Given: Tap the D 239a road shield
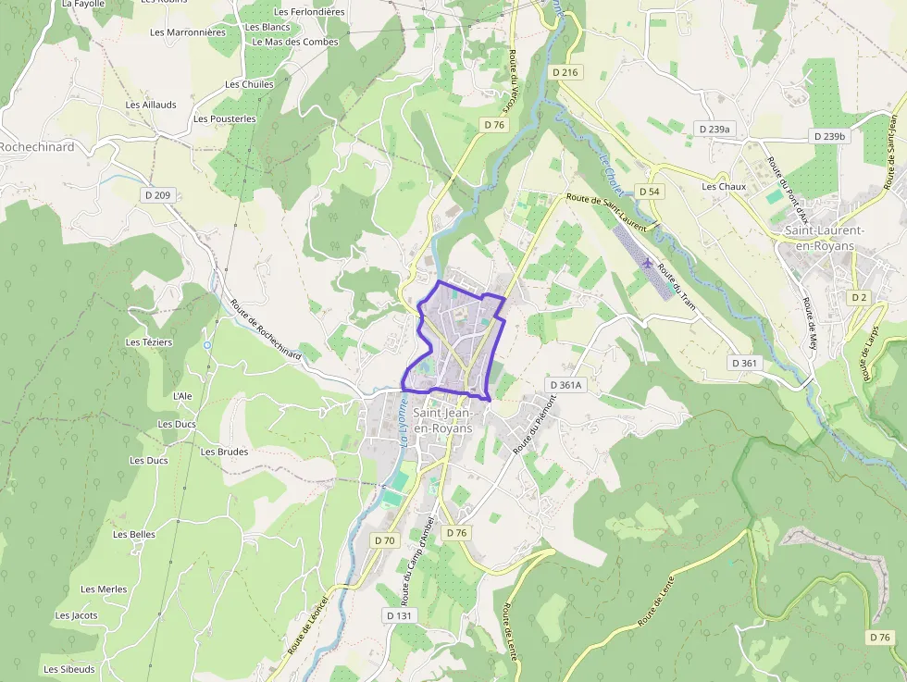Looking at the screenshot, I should (x=714, y=130).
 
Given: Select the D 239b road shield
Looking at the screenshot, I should (x=829, y=136).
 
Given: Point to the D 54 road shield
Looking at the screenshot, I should (x=650, y=192).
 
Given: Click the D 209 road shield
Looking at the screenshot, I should (x=159, y=195).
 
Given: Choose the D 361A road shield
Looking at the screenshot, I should (x=565, y=385).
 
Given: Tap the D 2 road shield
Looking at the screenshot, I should (x=859, y=297).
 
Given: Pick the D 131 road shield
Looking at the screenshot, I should (x=399, y=615).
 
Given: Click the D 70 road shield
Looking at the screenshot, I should (x=384, y=540).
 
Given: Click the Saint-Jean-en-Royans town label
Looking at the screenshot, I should (x=443, y=421).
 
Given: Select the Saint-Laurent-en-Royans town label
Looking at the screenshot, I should (x=825, y=238).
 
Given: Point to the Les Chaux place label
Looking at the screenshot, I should (x=724, y=186).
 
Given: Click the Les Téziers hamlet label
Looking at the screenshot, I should (x=148, y=342).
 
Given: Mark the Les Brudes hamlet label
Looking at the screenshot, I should (x=225, y=452).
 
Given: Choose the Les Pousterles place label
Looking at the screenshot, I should (x=225, y=119).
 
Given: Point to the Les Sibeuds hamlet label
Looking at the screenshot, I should (x=68, y=669).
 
